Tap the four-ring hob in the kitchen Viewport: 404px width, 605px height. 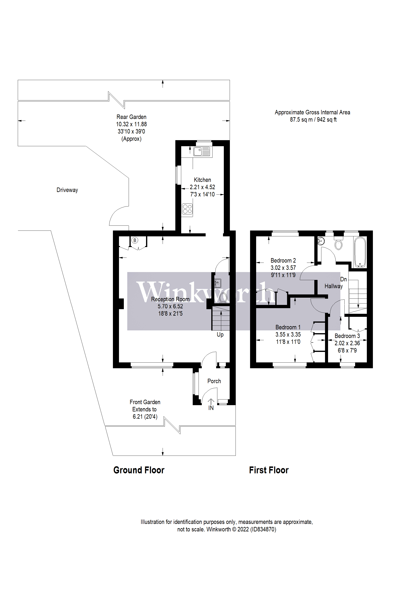pos(187,209)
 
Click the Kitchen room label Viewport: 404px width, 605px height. pos(202,180)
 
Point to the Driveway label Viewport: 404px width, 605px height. pos(67,190)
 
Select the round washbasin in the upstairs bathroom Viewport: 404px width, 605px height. pos(321,241)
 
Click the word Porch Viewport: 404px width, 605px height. pos(214,381)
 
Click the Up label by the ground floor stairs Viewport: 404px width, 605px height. pos(220,334)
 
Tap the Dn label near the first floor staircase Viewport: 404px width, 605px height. pos(343,279)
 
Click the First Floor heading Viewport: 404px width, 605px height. pos(269,470)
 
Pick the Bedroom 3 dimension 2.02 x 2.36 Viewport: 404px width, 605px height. pos(347,343)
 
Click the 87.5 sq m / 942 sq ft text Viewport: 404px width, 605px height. pos(313,120)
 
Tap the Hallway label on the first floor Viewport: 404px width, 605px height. pos(334,286)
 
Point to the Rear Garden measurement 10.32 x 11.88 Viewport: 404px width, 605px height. pos(132,124)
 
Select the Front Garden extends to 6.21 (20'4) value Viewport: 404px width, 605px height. pos(145,416)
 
